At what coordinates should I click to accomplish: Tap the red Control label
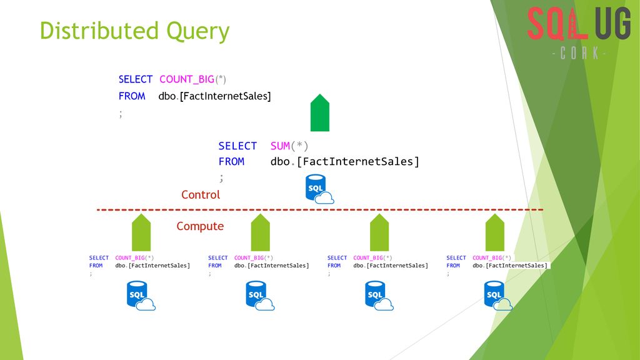tap(201, 195)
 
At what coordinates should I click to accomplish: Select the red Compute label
tap(200, 226)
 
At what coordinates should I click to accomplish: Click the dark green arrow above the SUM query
tap(319, 112)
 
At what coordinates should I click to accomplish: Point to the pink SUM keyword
tap(280, 146)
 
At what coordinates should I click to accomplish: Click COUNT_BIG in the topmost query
tap(186, 79)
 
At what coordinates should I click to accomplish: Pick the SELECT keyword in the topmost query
tap(135, 79)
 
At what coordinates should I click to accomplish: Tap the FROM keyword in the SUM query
tap(231, 162)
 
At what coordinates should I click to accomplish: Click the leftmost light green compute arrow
tap(141, 232)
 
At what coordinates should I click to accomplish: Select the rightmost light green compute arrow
tap(495, 232)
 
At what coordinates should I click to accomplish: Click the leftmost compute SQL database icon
tap(141, 296)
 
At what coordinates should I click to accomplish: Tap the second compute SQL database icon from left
tap(260, 296)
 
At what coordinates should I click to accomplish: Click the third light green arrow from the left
tap(379, 232)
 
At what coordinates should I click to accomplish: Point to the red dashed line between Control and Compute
tap(320, 210)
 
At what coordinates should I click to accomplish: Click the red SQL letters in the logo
tap(557, 23)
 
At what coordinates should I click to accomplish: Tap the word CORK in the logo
tap(579, 53)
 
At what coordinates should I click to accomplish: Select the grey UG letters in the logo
tap(612, 23)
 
